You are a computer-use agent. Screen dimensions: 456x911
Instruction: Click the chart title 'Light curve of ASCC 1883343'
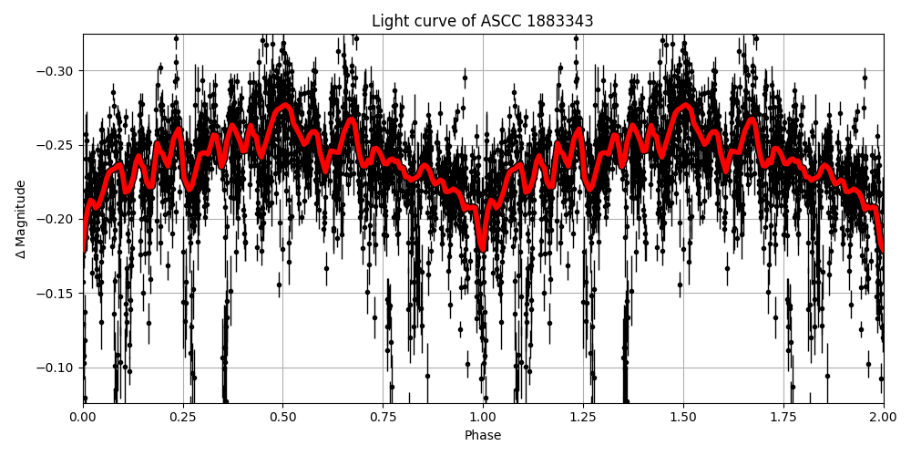coord(483,21)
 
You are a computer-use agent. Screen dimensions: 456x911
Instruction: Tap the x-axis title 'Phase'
coord(483,436)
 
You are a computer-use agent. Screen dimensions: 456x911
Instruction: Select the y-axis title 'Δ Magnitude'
coord(21,219)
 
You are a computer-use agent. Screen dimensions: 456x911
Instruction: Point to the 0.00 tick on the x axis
coord(83,418)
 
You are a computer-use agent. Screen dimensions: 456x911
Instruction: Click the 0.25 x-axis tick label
coord(183,418)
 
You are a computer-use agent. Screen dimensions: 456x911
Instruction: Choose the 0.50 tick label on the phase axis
coord(283,418)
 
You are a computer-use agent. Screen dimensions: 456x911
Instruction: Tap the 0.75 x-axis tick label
coord(383,418)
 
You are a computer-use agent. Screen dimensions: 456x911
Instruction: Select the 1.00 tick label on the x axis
coord(483,418)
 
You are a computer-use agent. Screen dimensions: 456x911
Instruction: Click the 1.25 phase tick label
coord(583,418)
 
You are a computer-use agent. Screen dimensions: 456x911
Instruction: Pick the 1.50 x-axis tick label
coord(683,418)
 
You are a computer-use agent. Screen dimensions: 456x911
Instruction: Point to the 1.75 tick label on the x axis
coord(783,418)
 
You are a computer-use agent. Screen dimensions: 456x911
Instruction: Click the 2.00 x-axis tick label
coord(883,418)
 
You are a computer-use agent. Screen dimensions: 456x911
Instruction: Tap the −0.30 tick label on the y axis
coord(57,71)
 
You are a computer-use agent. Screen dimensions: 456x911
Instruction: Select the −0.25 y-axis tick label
coord(57,145)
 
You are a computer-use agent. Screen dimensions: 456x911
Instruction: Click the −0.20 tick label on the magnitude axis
coord(57,219)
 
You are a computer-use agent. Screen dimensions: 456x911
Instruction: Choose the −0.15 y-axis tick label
coord(57,294)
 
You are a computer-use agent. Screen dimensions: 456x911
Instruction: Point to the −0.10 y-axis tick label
coord(57,368)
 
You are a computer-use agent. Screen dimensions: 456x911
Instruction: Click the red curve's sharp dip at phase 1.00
coord(483,247)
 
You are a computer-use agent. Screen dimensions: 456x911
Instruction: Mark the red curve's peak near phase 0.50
coord(284,106)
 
